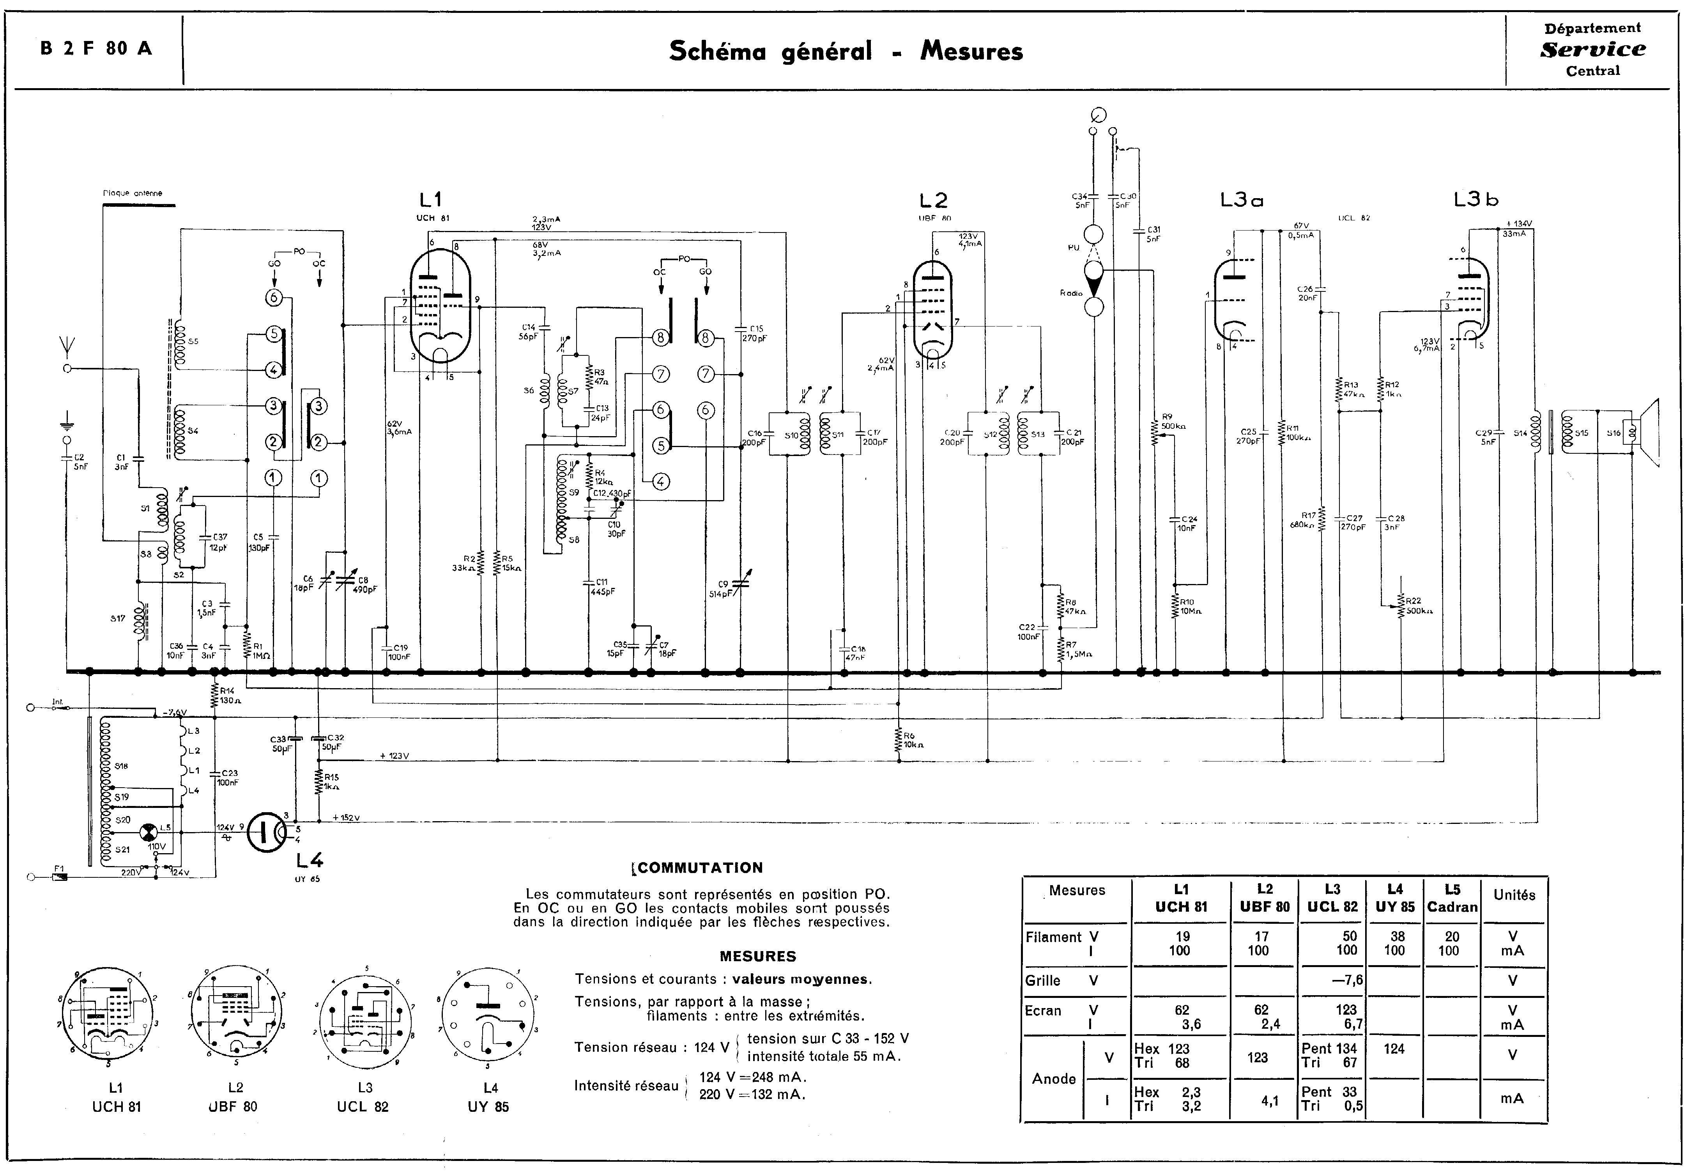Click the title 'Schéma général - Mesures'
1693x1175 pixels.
(846, 51)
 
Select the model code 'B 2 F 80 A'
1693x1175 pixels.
(96, 49)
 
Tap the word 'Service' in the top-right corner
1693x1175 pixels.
(1593, 49)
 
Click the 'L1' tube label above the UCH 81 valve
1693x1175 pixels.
(430, 199)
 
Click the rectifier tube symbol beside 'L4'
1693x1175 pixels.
(266, 832)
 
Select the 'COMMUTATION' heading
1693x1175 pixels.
(699, 868)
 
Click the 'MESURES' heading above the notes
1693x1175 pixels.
(758, 956)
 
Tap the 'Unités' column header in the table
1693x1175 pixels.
(1513, 895)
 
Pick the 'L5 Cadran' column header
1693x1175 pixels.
(1452, 898)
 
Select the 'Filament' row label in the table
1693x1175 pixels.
(1054, 937)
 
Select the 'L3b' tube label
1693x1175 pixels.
(1475, 199)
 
